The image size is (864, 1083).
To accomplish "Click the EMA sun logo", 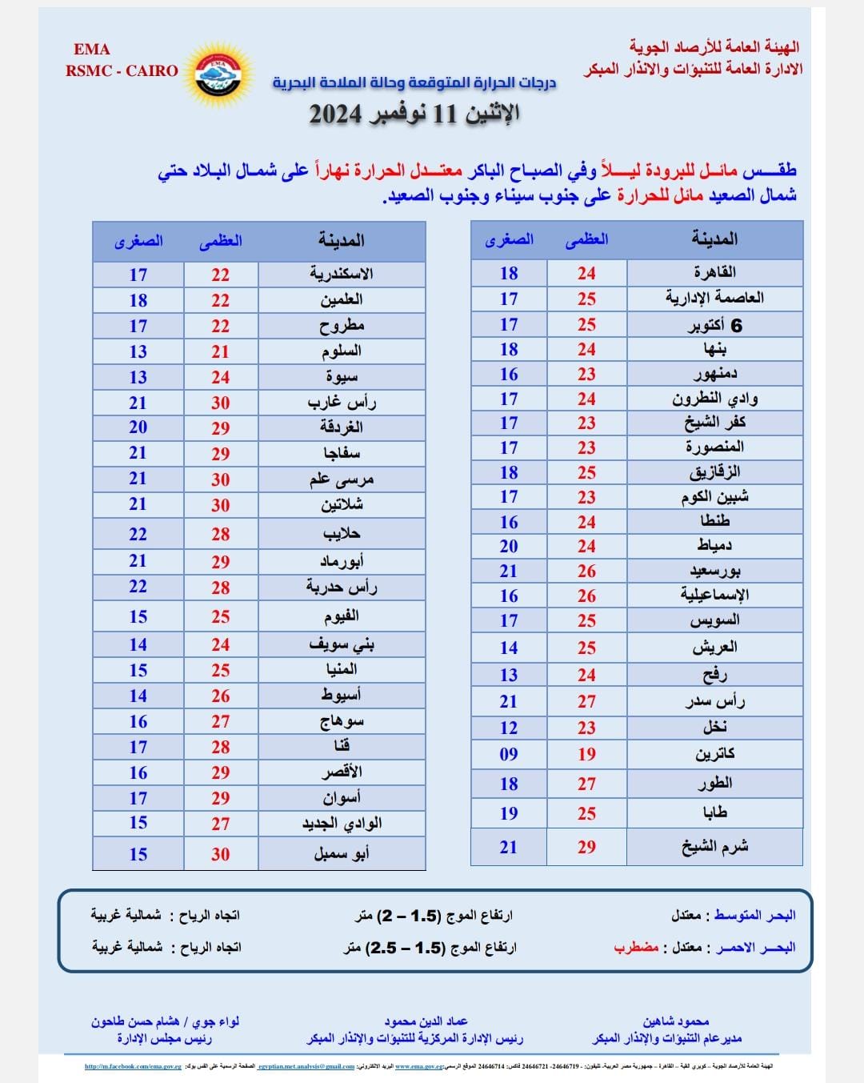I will click(x=218, y=70).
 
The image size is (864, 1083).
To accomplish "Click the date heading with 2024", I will click(x=414, y=114).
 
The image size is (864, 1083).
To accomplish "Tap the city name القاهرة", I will click(x=714, y=272).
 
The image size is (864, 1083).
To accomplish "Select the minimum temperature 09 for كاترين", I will click(x=509, y=754).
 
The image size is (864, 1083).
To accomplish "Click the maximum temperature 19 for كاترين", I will click(x=586, y=754).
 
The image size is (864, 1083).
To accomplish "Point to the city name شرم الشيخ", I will click(x=714, y=847).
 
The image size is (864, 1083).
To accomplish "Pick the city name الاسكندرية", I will click(x=342, y=274).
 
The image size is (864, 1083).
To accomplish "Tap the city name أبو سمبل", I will click(x=342, y=854).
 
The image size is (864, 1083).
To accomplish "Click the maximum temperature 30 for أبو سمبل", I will click(x=221, y=854).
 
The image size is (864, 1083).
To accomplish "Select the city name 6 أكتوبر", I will click(x=714, y=324).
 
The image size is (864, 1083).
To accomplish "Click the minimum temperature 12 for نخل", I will click(x=509, y=728).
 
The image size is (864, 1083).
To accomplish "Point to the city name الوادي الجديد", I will click(x=342, y=823).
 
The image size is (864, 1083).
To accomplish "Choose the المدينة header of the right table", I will click(x=714, y=239).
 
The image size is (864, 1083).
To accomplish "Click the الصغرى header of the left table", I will click(x=138, y=240).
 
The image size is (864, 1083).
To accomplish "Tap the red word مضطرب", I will click(x=636, y=948).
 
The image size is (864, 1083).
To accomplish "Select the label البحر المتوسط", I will click(x=754, y=915).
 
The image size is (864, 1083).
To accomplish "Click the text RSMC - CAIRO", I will click(x=122, y=70).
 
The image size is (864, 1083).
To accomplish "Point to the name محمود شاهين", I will click(x=676, y=1021).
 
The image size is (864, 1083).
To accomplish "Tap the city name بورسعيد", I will click(x=714, y=571).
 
